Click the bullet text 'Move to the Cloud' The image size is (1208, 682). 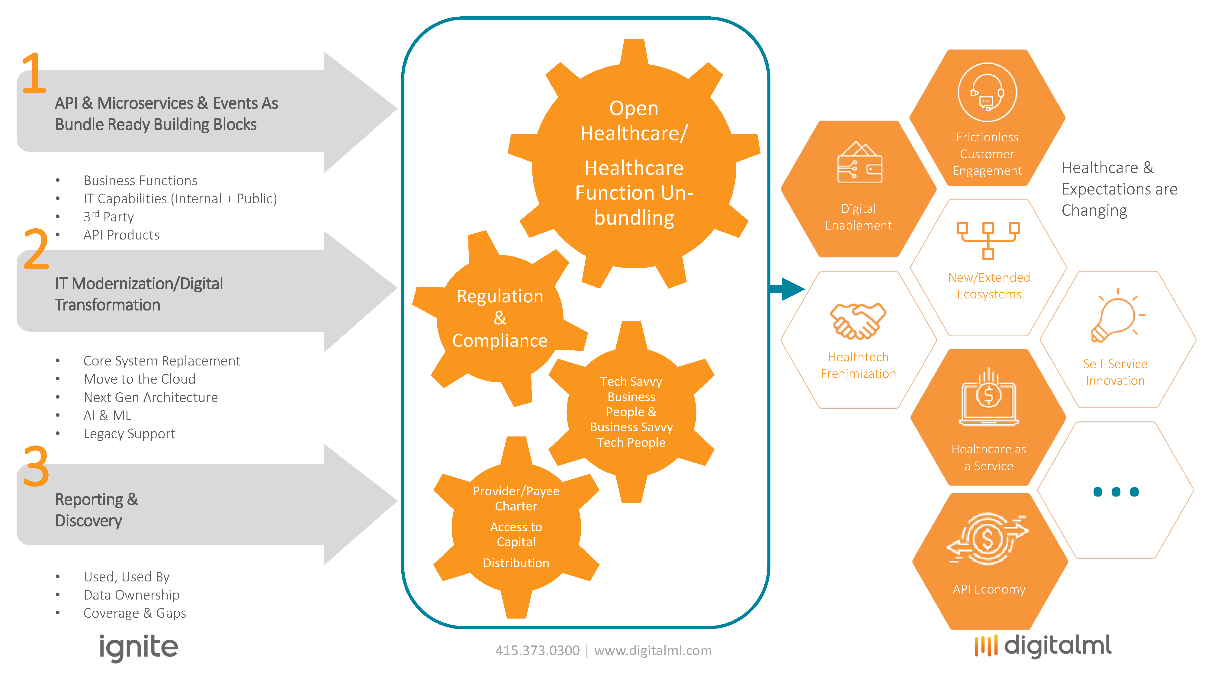[139, 379]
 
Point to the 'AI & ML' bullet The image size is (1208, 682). [108, 416]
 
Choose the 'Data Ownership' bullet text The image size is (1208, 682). [131, 595]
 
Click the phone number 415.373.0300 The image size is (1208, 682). [538, 651]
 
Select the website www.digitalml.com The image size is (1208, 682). [653, 651]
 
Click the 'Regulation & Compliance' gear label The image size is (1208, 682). [500, 318]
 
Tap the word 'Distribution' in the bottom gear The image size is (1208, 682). [516, 563]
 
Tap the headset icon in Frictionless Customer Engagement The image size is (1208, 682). [987, 92]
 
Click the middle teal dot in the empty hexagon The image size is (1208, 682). [1116, 491]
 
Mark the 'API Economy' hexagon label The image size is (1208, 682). [988, 589]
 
